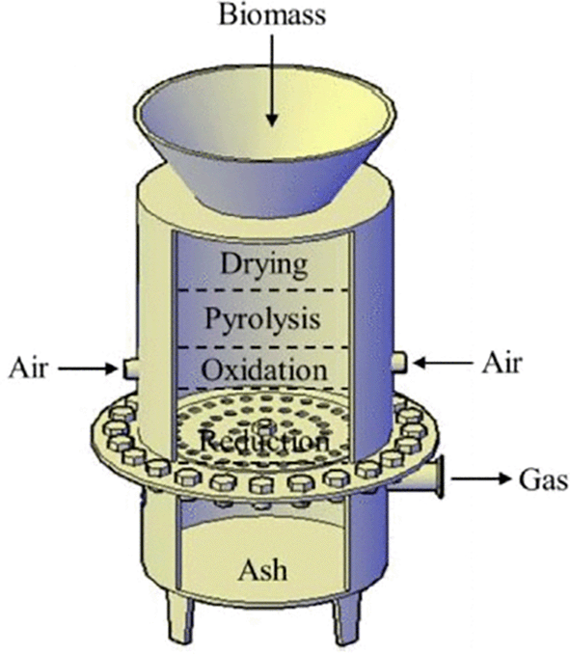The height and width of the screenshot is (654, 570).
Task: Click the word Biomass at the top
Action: coord(272,15)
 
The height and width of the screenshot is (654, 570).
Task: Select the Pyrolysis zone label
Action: coord(262,320)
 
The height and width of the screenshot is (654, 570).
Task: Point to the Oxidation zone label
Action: coord(264,370)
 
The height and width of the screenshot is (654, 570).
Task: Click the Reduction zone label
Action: coord(264,441)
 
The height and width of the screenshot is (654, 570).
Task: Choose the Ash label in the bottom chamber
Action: coord(262,570)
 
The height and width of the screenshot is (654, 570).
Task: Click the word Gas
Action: coord(543,479)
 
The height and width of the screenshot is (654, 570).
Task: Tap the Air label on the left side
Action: coord(28,368)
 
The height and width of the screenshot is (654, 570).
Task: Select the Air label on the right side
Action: coord(502,363)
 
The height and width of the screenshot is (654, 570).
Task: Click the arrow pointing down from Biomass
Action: coord(272,80)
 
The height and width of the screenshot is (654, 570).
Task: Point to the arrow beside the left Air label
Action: coord(88,368)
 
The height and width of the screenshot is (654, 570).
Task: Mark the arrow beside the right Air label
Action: coord(443,363)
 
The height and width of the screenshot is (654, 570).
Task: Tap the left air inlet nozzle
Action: coord(129,369)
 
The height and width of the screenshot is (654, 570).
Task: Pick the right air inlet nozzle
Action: coord(399,363)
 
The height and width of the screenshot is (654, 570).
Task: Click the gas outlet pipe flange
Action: coord(438,477)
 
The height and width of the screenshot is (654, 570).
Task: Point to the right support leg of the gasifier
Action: coord(346,618)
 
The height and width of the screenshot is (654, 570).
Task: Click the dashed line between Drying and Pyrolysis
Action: coord(263,290)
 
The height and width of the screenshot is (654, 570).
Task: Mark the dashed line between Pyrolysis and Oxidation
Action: coord(263,347)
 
